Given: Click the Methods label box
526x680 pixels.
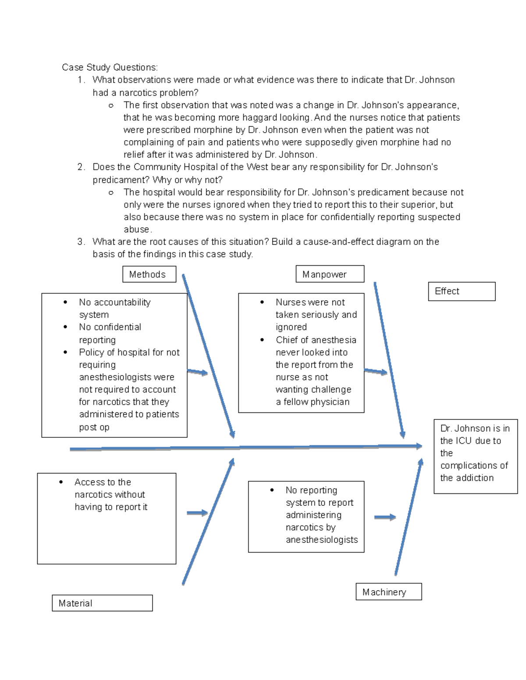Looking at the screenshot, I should coord(149,275).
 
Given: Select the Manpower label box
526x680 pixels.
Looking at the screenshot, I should coord(330,274).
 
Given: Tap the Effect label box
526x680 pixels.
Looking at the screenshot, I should coord(461,291).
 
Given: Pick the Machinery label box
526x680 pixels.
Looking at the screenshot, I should coord(388,592).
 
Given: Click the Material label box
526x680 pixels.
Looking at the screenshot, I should coord(102,603).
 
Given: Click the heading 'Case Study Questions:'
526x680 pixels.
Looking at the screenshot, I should coord(110,67).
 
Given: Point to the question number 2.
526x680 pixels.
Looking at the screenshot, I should coord(81,167).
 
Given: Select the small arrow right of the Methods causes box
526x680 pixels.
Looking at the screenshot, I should coord(198,373).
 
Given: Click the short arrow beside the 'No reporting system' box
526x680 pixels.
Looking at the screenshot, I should coord(385,518).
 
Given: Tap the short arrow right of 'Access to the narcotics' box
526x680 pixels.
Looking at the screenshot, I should coord(197,513).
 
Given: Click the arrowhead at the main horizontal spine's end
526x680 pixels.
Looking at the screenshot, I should coord(418,446).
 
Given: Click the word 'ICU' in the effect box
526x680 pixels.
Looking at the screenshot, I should coord(464,441).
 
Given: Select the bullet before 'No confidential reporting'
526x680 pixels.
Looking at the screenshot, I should coord(65,327).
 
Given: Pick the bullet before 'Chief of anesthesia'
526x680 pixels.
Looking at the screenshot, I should coord(262,340).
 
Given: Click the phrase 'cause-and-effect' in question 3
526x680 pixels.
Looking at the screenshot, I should coord(334,242).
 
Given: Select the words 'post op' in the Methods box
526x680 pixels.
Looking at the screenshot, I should coord(94,427).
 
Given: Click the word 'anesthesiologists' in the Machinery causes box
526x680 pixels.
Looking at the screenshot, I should coord(322,540).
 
